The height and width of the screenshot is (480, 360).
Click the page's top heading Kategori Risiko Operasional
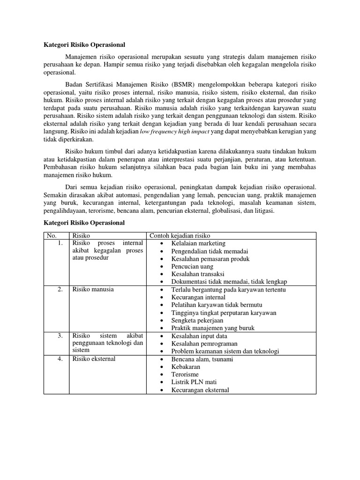pos(84,45)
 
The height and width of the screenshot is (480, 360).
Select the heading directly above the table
pos(84,223)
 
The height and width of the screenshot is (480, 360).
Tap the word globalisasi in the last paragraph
pos(253,211)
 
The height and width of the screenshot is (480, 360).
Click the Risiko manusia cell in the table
pos(93,289)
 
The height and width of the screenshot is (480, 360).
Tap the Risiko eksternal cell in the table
pos(94,359)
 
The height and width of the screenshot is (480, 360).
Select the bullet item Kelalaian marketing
pos(198,243)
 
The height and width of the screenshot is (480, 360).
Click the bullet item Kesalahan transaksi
pos(198,274)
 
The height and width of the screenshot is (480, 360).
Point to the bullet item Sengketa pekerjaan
pos(197,320)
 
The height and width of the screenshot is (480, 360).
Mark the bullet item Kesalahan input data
pos(199,336)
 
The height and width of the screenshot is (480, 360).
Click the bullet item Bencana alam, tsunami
pos(202,359)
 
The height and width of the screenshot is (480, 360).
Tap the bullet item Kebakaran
pos(186,367)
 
